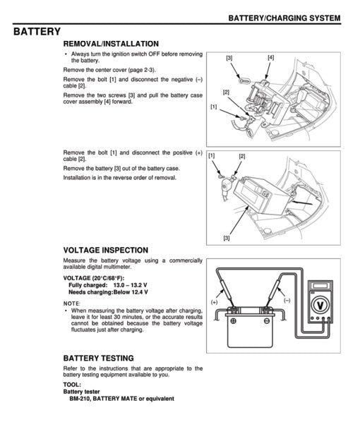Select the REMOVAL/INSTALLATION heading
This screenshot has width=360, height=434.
[111, 44]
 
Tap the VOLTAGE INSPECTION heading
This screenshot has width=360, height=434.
[105, 250]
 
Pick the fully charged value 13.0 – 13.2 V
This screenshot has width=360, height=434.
[131, 285]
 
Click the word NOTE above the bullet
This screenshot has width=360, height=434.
[71, 303]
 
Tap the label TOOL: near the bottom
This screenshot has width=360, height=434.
[72, 385]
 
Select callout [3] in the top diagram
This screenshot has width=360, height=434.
[229, 58]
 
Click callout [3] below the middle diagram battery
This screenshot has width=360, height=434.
[226, 238]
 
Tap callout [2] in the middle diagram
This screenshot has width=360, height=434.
[242, 156]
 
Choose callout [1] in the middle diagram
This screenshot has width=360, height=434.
[212, 155]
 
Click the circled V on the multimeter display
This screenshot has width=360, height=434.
[321, 305]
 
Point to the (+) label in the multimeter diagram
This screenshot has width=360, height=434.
[214, 301]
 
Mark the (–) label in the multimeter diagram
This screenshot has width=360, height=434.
[287, 301]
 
